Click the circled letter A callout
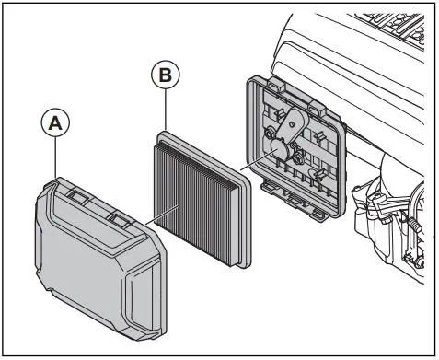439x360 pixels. point(54,123)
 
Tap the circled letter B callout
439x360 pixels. point(164,75)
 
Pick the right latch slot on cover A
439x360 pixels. point(119,218)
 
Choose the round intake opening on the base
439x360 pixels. point(276,151)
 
